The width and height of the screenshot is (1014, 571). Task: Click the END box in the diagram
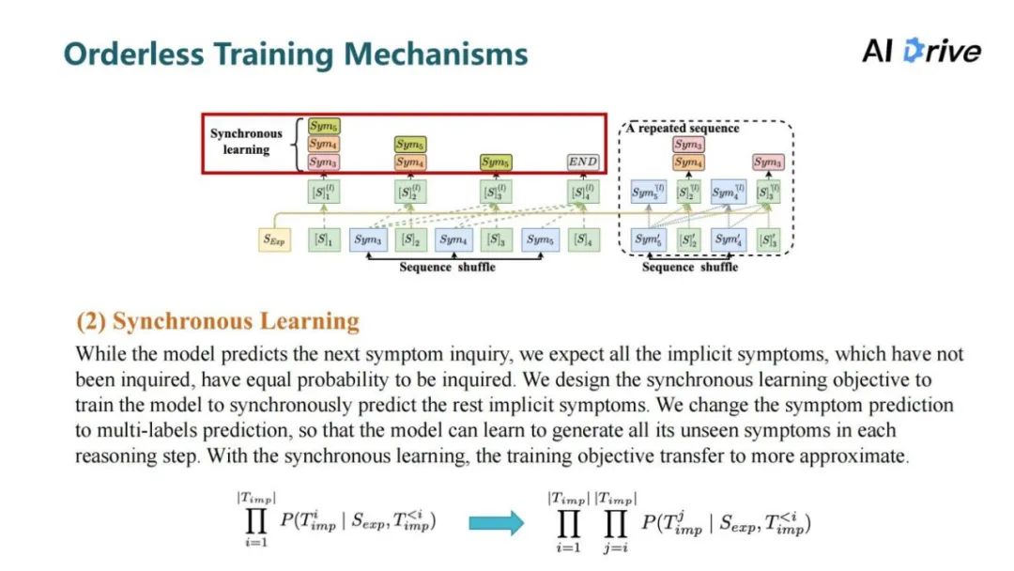pos(583,162)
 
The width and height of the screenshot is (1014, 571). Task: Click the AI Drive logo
pos(921,51)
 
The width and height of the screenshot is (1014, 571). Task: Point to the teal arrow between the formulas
pos(497,522)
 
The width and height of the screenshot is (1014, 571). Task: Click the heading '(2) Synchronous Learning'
pos(218,322)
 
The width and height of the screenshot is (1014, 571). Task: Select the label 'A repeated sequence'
pos(683,129)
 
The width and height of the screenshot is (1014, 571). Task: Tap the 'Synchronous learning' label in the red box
pos(246,141)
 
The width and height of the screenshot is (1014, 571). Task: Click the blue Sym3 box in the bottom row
pos(368,240)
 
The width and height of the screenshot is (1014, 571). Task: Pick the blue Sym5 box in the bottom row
pos(540,240)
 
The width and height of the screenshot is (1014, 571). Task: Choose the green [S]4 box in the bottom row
pos(583,240)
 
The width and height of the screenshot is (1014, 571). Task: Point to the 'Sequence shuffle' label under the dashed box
pos(689,267)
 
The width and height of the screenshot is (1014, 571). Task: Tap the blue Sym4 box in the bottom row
pos(453,240)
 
